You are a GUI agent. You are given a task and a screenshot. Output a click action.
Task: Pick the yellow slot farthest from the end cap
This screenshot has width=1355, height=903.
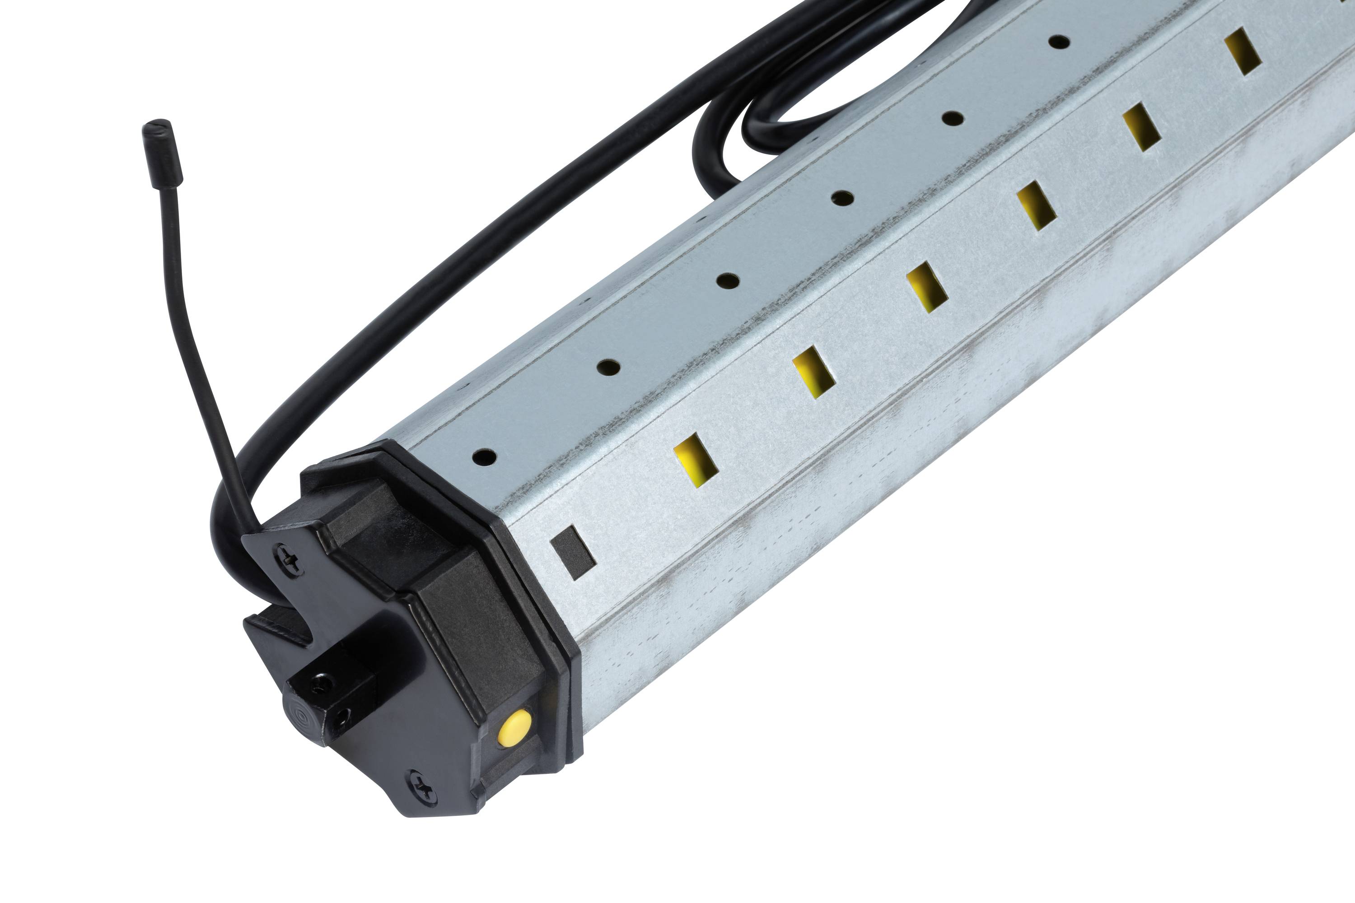coord(1243,52)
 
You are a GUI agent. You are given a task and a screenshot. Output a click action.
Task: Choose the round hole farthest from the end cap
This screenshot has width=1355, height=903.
coord(1059,42)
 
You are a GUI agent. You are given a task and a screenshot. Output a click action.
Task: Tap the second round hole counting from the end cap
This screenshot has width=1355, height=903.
coord(608,366)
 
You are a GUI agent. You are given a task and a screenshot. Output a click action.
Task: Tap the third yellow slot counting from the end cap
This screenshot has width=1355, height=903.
coord(926,286)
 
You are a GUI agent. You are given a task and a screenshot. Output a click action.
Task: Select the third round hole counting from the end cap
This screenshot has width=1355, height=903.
coord(728,281)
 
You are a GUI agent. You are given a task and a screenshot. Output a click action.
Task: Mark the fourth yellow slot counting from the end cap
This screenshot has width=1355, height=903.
coord(1036,205)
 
